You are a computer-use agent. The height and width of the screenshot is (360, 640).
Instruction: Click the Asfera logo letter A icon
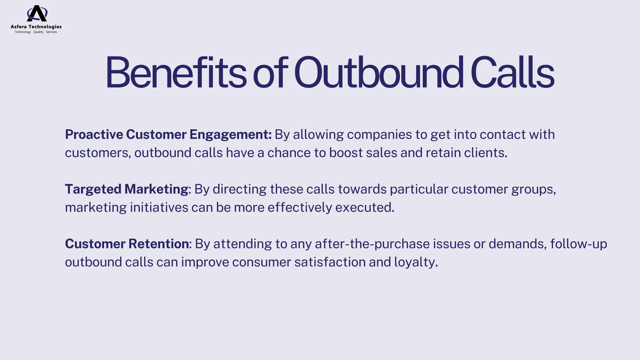coord(37,13)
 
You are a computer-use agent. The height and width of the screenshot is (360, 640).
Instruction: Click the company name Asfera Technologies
coord(36,27)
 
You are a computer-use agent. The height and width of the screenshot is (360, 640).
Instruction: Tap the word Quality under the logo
coord(38,32)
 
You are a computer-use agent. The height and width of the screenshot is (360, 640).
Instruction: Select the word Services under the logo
coord(52,32)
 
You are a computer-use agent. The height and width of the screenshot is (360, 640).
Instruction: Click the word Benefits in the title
coord(176,72)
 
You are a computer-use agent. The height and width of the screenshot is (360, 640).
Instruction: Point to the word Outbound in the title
coord(378,72)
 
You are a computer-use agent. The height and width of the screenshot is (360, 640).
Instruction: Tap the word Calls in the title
coord(512,72)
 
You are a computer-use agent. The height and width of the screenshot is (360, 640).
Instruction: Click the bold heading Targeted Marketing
coord(127,189)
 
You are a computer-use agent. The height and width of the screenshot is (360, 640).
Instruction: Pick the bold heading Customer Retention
coord(127,244)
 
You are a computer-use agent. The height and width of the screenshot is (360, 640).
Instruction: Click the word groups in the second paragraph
coord(533,189)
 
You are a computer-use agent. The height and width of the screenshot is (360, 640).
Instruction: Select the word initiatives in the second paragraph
coord(159,207)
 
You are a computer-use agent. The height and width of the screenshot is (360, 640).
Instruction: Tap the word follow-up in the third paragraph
coord(578,244)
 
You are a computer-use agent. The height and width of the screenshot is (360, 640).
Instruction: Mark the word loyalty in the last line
coord(415,262)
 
